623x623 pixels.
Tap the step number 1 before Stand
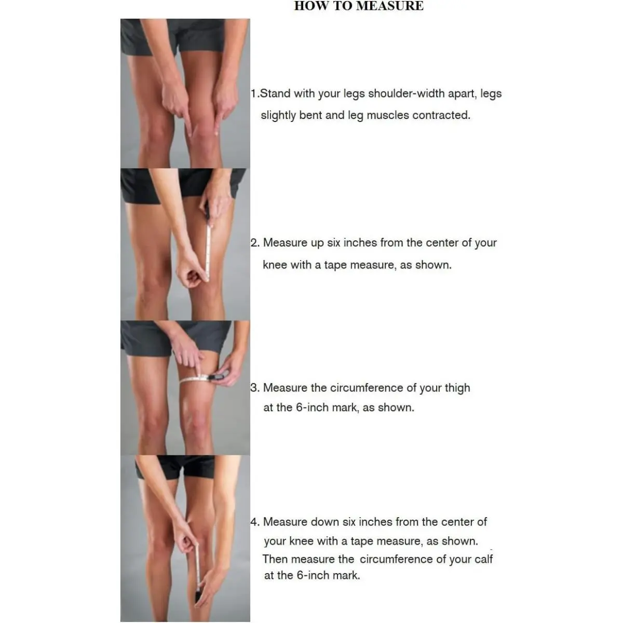(253, 93)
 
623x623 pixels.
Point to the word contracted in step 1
(441, 115)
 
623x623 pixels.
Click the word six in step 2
(334, 243)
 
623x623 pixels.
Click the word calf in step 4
(484, 559)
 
